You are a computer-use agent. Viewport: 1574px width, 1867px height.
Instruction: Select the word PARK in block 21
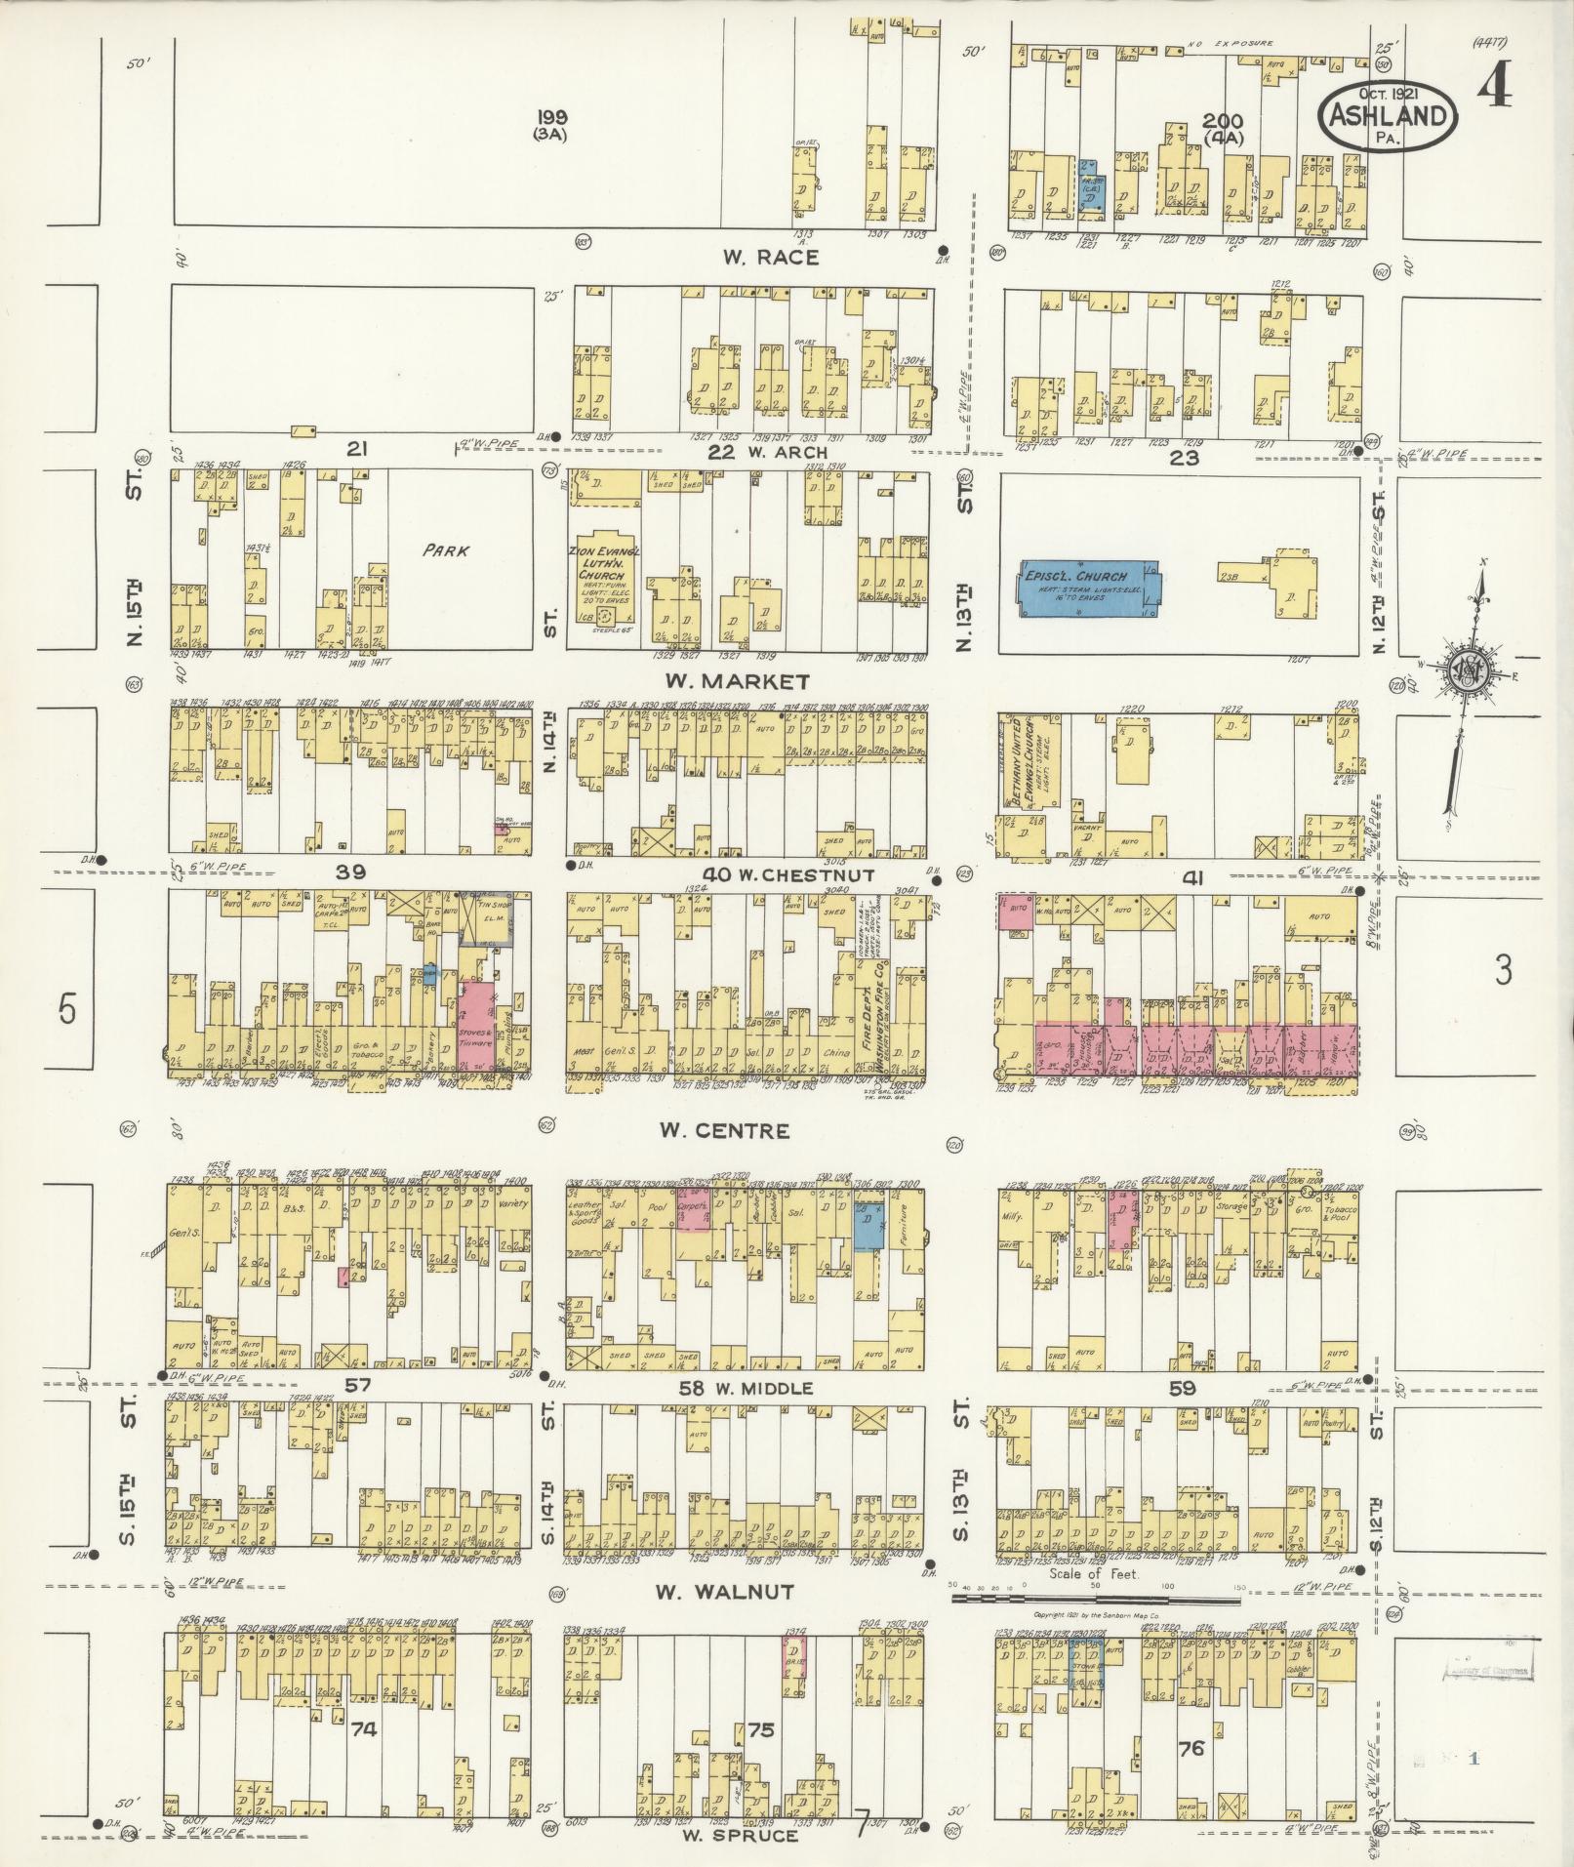click(x=446, y=550)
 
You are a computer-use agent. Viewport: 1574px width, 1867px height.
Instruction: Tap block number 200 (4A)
click(x=1222, y=128)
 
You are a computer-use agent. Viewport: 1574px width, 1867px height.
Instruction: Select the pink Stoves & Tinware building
click(x=476, y=1031)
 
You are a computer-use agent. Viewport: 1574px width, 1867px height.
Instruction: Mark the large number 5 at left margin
click(x=65, y=1010)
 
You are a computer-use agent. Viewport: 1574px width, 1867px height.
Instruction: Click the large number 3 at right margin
click(x=1503, y=971)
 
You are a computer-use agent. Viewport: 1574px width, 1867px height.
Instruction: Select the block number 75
click(x=760, y=1702)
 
